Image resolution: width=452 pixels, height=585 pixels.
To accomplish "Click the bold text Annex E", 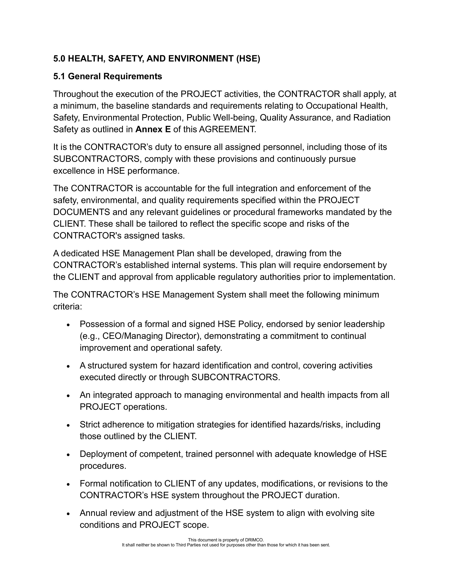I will click(x=153, y=129).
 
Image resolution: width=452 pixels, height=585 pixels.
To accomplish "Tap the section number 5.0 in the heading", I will click(x=59, y=59).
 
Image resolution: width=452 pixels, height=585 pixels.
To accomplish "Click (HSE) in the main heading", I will click(x=248, y=59).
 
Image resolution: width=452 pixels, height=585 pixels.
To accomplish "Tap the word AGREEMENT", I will click(x=227, y=129).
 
